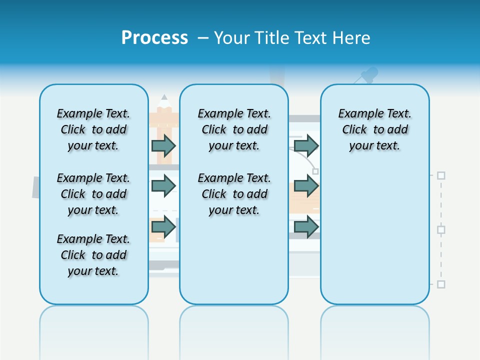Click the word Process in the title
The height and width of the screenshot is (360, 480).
[154, 38]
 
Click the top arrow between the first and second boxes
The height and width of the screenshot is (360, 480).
[163, 146]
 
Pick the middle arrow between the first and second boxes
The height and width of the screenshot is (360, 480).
[163, 186]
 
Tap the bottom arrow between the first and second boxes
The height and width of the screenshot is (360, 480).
[163, 227]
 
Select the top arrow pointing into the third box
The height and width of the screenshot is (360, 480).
[306, 146]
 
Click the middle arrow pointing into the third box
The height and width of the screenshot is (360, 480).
[306, 186]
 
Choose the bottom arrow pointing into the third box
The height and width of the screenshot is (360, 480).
[306, 227]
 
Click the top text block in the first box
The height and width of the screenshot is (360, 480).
[93, 129]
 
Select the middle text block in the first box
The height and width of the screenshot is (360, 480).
[93, 194]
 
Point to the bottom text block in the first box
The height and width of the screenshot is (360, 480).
[93, 255]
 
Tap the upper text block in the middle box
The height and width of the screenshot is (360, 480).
[234, 129]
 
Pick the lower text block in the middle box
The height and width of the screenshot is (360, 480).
[234, 194]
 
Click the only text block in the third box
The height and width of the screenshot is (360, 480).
[374, 129]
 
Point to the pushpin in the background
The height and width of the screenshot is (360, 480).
[369, 75]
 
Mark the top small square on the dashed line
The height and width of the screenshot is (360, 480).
[441, 175]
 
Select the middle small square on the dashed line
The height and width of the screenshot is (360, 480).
[441, 229]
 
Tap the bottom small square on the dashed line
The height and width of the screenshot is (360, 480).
[441, 284]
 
